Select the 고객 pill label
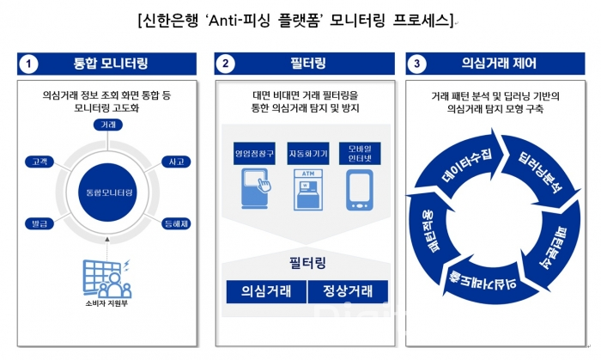point(39,162)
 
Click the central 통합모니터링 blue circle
point(106,192)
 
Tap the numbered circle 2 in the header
point(226,64)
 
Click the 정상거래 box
point(348,290)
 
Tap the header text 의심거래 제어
point(496,64)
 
